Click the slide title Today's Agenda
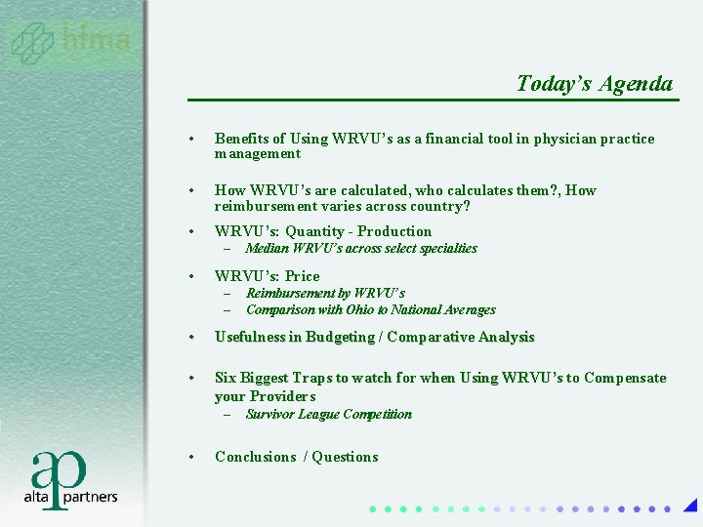point(595,84)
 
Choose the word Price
point(302,276)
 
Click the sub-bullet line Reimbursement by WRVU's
point(325,293)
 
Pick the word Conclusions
point(255,457)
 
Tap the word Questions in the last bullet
point(346,457)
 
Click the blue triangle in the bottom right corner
point(690,506)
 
